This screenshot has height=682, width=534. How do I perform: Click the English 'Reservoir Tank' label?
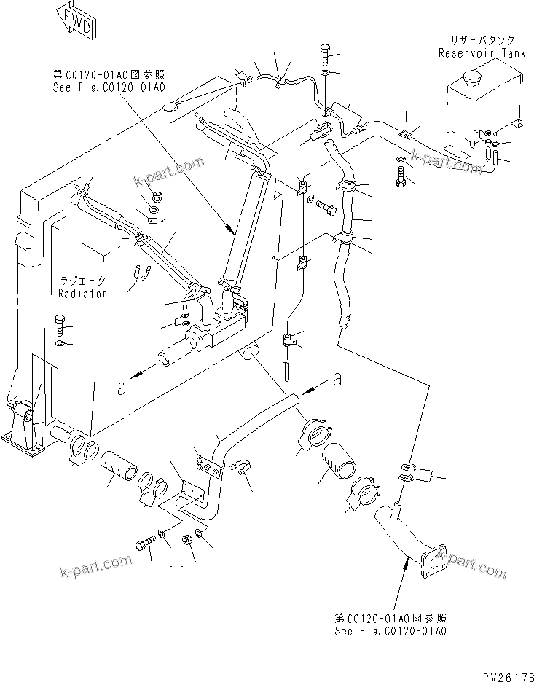(478, 52)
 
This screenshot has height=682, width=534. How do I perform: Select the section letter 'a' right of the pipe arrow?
(337, 378)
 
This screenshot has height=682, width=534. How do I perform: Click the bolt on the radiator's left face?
(60, 321)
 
